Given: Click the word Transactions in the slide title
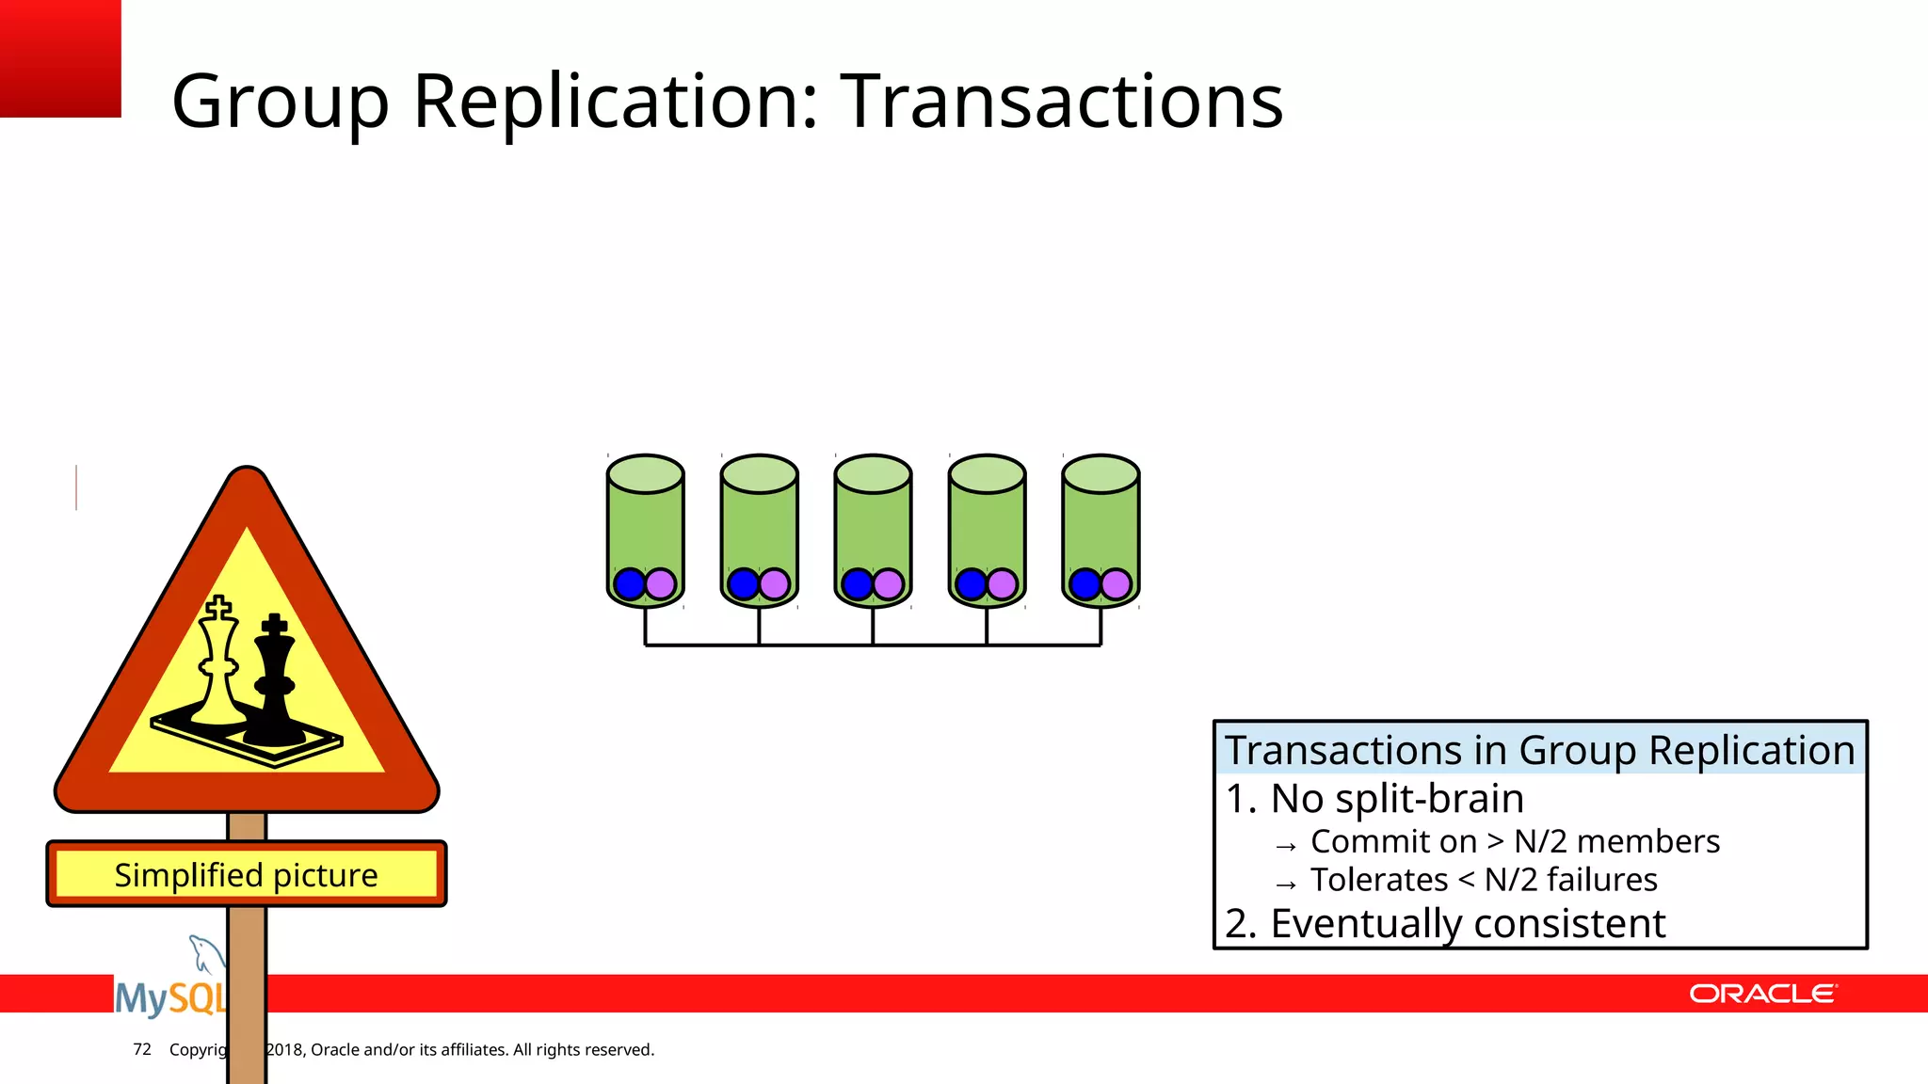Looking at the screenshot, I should [1061, 102].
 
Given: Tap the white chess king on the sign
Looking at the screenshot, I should [220, 664].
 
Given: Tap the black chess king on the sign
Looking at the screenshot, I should [274, 682].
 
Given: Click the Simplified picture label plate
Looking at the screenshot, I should [247, 874].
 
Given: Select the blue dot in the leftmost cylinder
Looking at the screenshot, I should [629, 584].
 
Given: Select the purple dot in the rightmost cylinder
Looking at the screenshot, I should [1117, 584].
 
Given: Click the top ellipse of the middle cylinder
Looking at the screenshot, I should [873, 474].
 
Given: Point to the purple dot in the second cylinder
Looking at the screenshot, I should [775, 584].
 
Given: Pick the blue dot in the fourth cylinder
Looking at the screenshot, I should [971, 584].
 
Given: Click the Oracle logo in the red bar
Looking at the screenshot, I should [1762, 994].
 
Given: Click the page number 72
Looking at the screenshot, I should [142, 1049].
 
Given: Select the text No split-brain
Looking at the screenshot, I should [1396, 799].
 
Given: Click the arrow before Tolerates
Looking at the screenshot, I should [1286, 885].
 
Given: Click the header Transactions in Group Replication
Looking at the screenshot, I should [1540, 751].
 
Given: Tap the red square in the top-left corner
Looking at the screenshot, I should [59, 57].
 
